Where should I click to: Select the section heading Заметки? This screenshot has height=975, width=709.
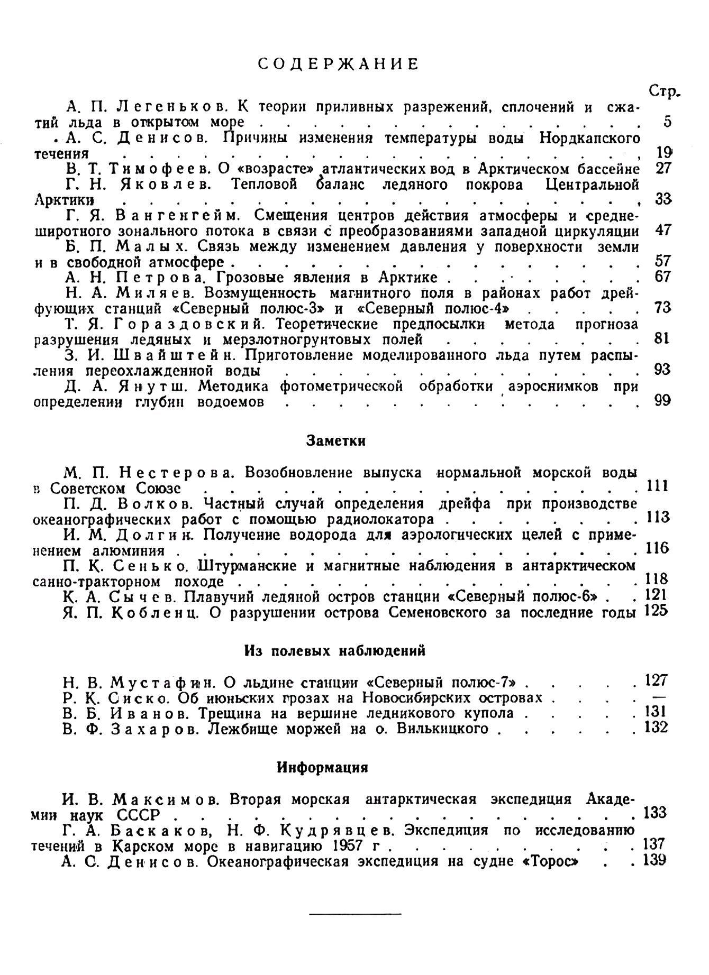pyautogui.click(x=336, y=440)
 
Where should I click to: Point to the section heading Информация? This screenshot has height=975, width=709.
pyautogui.click(x=322, y=767)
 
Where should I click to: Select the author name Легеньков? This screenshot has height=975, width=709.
pyautogui.click(x=171, y=107)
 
